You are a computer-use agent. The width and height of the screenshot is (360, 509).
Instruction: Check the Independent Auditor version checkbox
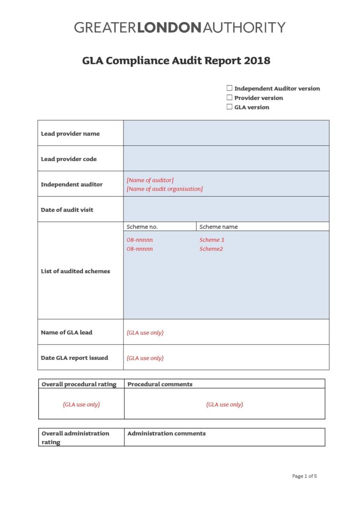pyautogui.click(x=230, y=88)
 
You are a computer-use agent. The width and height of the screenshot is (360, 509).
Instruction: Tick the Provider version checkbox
pyautogui.click(x=230, y=97)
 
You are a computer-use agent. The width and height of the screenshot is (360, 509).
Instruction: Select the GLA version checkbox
pyautogui.click(x=230, y=107)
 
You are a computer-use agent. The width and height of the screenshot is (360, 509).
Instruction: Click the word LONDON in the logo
pyautogui.click(x=170, y=27)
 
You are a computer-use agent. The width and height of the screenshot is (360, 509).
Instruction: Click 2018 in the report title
pyautogui.click(x=257, y=61)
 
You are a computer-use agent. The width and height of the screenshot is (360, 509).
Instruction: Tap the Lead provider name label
pyautogui.click(x=70, y=134)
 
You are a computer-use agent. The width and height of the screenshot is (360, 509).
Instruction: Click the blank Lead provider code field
pyautogui.click(x=226, y=158)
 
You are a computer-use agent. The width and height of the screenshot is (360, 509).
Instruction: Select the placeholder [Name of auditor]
pyautogui.click(x=150, y=180)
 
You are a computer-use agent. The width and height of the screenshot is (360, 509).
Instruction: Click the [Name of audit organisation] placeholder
pyautogui.click(x=165, y=189)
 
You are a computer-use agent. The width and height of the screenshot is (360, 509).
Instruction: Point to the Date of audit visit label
pyautogui.click(x=67, y=210)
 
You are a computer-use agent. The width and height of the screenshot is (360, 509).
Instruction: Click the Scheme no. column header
pyautogui.click(x=142, y=227)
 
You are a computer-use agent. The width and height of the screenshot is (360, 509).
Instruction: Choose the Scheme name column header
pyautogui.click(x=218, y=227)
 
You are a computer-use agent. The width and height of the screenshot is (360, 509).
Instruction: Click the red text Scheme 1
pyautogui.click(x=212, y=240)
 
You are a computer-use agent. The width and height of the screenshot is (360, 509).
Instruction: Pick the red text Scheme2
pyautogui.click(x=211, y=249)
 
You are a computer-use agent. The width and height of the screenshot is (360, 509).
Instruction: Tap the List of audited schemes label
pyautogui.click(x=75, y=271)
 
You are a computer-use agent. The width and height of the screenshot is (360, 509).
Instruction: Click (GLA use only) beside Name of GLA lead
pyautogui.click(x=145, y=333)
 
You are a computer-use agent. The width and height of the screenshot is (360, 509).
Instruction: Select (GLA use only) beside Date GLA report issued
pyautogui.click(x=145, y=358)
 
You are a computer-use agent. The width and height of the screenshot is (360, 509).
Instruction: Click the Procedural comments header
pyautogui.click(x=160, y=384)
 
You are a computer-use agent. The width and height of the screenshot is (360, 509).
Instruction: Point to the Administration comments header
pyautogui.click(x=166, y=433)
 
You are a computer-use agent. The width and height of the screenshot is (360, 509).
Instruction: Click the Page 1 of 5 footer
pyautogui.click(x=304, y=476)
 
